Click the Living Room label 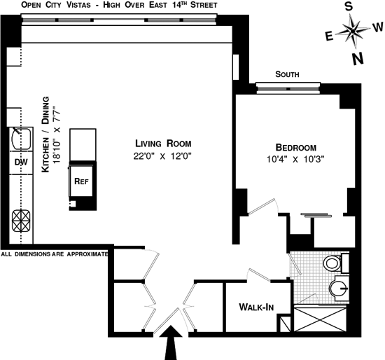163,144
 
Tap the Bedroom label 296,148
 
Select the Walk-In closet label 256,307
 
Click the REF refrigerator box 81,181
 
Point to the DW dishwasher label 21,162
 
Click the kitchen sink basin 22,139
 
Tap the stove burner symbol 22,221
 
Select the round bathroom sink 338,288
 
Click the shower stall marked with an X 320,319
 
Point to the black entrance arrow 171,342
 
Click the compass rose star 353,31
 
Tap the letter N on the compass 358,60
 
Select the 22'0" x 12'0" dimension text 162,156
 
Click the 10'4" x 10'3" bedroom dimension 295,160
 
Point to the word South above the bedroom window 287,74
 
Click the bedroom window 288,88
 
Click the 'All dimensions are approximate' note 55,254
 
